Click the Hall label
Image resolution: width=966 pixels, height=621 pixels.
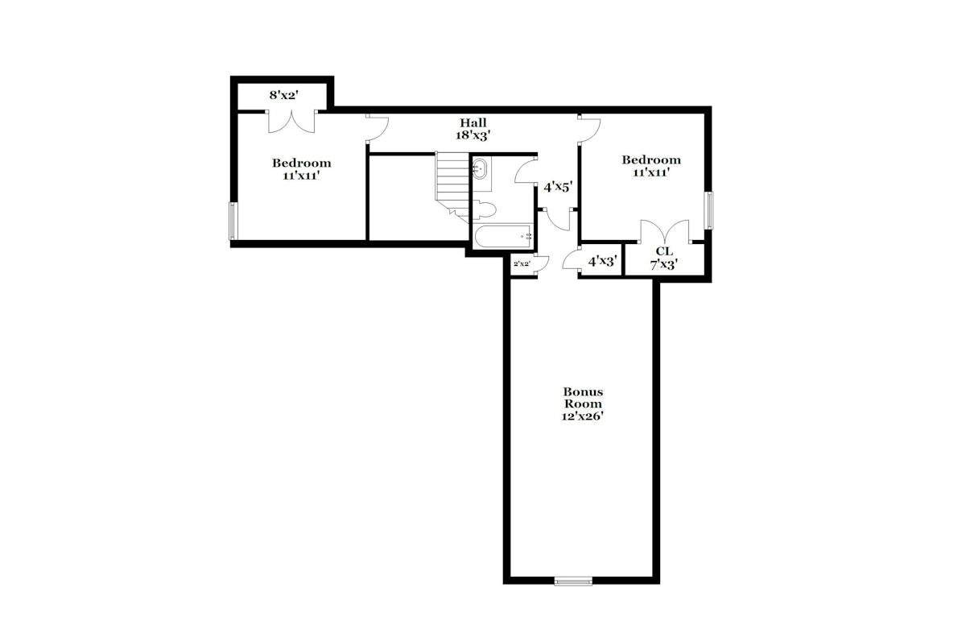pos(473,122)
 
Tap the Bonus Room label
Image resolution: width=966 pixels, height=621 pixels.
pos(583,398)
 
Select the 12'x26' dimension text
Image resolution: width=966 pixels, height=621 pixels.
pos(582,417)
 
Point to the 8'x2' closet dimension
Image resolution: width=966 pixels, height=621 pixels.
pos(284,95)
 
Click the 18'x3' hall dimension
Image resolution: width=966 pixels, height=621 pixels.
pos(473,135)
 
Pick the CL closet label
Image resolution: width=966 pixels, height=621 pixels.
pos(664,250)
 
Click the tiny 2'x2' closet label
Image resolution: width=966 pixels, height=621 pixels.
pos(522,263)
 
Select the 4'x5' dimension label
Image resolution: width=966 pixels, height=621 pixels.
pos(558,188)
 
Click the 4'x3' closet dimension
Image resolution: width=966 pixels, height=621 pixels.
pos(603,261)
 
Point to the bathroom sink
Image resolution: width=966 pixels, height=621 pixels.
pos(481,168)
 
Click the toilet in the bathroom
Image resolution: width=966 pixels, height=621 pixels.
pos(485,210)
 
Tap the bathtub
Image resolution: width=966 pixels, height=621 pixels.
pos(503,236)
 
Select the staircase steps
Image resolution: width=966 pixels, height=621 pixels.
pos(452,186)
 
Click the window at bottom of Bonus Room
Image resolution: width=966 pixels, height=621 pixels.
pos(573,582)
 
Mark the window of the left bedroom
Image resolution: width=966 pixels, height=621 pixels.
pos(233,221)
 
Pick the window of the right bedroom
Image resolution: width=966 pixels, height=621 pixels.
pos(708,210)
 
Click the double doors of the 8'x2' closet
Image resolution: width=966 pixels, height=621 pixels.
pos(291,122)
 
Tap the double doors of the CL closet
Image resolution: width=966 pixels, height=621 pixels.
pos(665,231)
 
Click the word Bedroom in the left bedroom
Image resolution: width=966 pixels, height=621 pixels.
pos(301,164)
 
